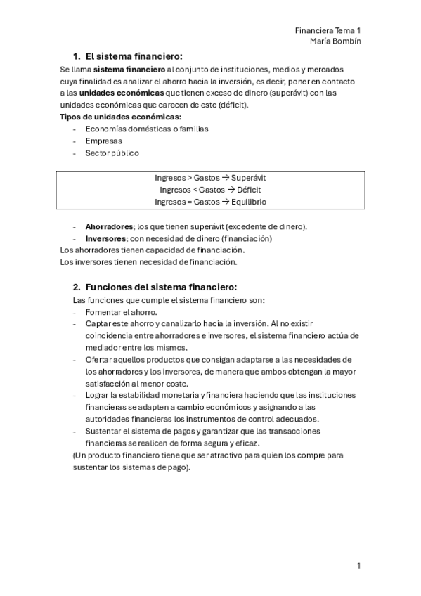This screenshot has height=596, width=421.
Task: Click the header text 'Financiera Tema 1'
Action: (328, 32)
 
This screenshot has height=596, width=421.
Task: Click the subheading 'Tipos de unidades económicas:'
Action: (121, 117)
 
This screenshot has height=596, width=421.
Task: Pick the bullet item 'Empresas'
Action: (103, 141)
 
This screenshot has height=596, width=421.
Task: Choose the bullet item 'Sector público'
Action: (112, 153)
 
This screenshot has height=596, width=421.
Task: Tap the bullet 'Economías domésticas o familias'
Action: (147, 129)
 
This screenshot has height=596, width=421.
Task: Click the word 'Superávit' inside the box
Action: (248, 178)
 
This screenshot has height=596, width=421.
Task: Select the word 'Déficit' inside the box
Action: (249, 190)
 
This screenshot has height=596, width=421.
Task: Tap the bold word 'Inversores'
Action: (105, 238)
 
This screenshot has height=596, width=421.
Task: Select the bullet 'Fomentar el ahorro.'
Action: (122, 311)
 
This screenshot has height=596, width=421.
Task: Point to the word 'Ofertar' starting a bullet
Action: (99, 359)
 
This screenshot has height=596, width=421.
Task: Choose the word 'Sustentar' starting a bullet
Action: (104, 431)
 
